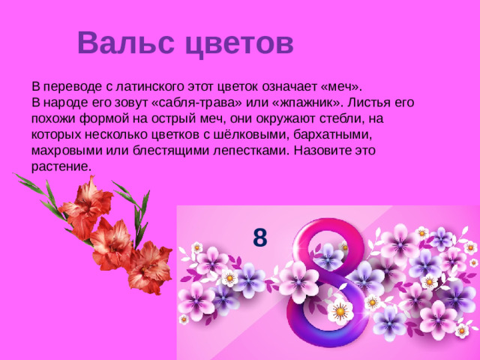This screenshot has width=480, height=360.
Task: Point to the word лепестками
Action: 251,151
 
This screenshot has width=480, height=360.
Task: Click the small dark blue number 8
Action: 259,238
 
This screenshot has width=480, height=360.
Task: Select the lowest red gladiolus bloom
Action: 149,266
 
